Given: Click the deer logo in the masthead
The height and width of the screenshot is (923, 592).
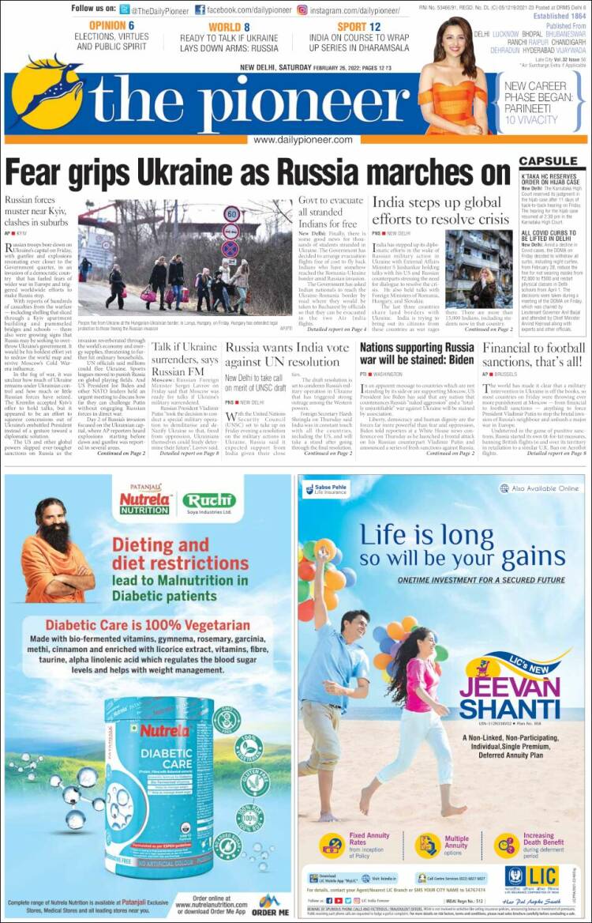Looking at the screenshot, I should pyautogui.click(x=47, y=92).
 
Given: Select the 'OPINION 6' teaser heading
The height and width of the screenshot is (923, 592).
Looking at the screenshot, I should pyautogui.click(x=107, y=26).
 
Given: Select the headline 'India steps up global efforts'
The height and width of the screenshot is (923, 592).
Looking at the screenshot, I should pyautogui.click(x=440, y=210).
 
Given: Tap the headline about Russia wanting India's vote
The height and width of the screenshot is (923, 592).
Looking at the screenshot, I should pyautogui.click(x=287, y=354).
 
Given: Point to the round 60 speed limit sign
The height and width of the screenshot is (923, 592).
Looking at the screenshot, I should pyautogui.click(x=231, y=213).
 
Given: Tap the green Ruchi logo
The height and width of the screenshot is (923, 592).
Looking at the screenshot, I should pyautogui.click(x=209, y=499).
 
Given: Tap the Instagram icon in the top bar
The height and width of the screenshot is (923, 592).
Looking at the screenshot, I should pyautogui.click(x=302, y=10).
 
